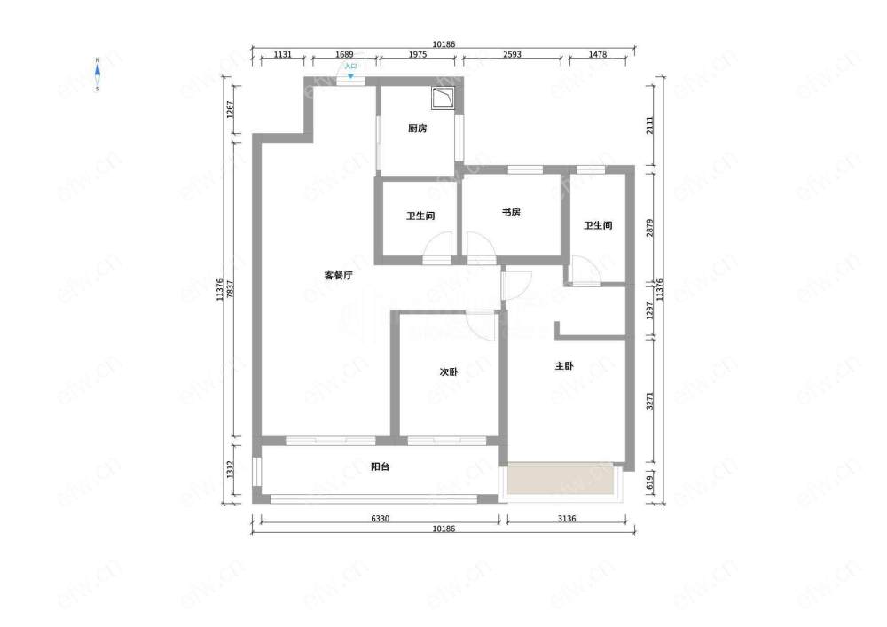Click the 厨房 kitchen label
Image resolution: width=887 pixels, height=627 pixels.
pyautogui.click(x=418, y=129)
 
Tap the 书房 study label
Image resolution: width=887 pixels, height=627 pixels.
pyautogui.click(x=512, y=212)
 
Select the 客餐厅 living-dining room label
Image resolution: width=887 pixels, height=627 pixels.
pyautogui.click(x=338, y=275)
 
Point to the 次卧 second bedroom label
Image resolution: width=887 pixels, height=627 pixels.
pyautogui.click(x=449, y=372)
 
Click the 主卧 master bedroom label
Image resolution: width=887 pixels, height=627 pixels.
pyautogui.click(x=564, y=365)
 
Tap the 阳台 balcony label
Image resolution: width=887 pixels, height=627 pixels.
pyautogui.click(x=380, y=466)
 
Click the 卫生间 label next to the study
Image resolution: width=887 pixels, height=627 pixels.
pyautogui.click(x=420, y=216)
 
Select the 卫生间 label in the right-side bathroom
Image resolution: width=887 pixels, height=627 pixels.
pyautogui.click(x=598, y=225)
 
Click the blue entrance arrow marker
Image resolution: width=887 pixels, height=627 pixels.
pyautogui.click(x=350, y=75)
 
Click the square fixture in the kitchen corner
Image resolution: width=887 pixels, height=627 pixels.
pyautogui.click(x=443, y=98)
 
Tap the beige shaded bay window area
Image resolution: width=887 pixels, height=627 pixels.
pyautogui.click(x=561, y=478)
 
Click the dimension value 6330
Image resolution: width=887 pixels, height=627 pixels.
pyautogui.click(x=380, y=519)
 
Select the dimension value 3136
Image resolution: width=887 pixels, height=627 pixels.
pyautogui.click(x=566, y=519)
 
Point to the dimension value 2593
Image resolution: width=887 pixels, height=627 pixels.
pyautogui.click(x=512, y=54)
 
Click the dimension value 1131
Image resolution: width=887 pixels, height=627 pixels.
pyautogui.click(x=282, y=54)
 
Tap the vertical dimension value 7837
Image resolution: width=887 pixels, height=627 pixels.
pyautogui.click(x=230, y=289)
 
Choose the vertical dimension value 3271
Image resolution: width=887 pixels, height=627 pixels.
pyautogui.click(x=649, y=401)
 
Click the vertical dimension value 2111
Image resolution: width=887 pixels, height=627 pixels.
pyautogui.click(x=649, y=125)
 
